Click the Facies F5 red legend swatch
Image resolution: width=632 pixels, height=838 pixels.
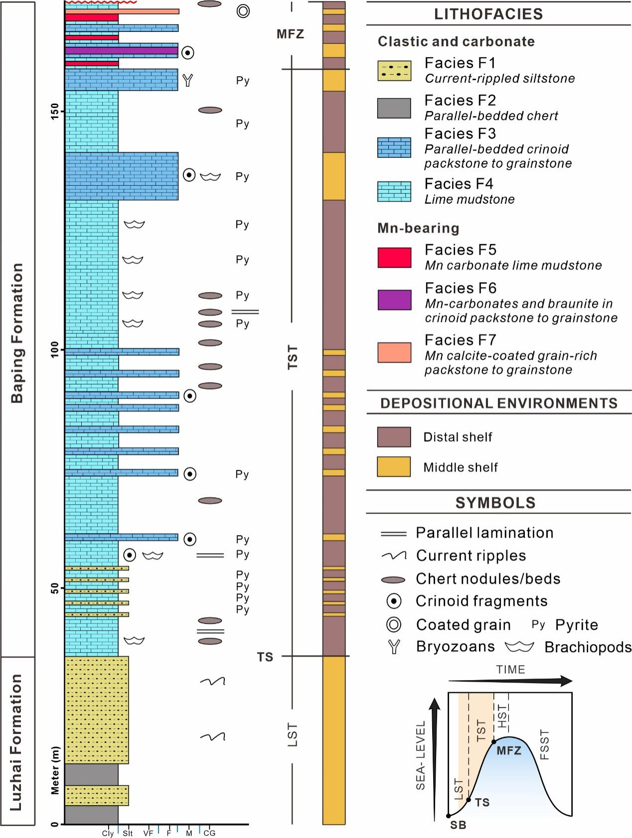[x=394, y=258]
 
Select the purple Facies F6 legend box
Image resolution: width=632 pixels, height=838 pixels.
[x=394, y=300]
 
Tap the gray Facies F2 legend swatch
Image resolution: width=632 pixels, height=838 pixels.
[x=394, y=108]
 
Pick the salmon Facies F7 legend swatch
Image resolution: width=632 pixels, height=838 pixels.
[x=394, y=352]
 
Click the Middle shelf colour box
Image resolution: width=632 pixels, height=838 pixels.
[x=394, y=467]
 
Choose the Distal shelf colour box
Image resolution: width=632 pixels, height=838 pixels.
[x=394, y=437]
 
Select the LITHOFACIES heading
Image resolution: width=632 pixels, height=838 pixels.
[x=488, y=14]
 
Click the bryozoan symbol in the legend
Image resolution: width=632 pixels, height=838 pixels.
[x=394, y=647]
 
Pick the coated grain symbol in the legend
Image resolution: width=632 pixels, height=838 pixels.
[x=394, y=624]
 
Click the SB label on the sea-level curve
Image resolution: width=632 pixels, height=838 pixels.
[x=458, y=825]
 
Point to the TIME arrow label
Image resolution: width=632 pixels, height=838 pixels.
[x=510, y=670]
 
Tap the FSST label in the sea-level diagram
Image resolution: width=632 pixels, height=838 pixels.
[x=544, y=745]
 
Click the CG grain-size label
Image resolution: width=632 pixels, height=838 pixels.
[x=209, y=833]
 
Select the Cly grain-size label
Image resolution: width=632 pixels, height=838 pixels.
[x=108, y=833]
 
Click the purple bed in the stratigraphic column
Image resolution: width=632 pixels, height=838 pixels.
[x=122, y=50]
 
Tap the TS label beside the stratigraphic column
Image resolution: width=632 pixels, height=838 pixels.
[x=265, y=657]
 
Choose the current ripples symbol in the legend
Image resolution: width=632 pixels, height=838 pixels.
[x=394, y=556]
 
